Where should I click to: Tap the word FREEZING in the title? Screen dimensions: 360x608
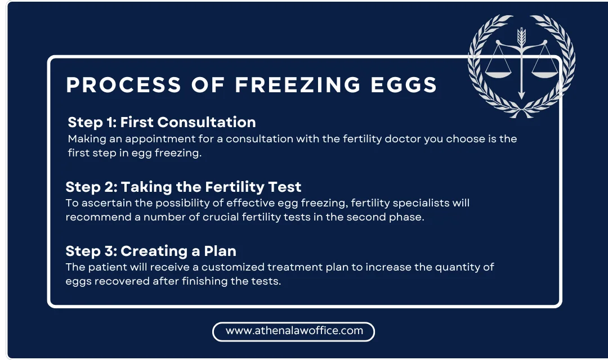click(297, 85)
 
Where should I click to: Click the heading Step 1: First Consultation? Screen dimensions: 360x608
click(162, 122)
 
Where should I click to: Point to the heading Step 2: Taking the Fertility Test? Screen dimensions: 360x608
click(184, 187)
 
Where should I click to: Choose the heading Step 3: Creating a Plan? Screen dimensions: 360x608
click(150, 251)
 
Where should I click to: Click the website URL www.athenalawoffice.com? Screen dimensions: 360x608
click(294, 331)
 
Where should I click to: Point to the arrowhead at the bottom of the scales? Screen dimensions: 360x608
click(521, 95)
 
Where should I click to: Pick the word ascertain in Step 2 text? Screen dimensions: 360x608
click(102, 203)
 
